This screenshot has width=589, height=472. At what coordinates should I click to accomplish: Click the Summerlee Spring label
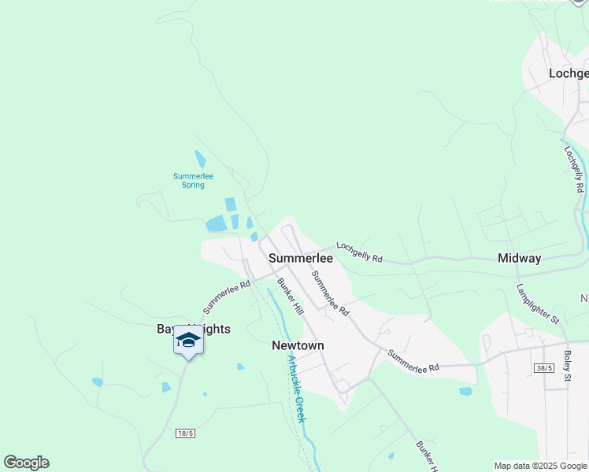[193, 180]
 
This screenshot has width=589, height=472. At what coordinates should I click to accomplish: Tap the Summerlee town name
[300, 258]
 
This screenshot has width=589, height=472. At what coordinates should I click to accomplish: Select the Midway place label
[519, 258]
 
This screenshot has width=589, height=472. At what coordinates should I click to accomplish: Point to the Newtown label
[298, 345]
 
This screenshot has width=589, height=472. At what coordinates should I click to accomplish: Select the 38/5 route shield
[543, 367]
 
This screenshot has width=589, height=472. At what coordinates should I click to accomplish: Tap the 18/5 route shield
[186, 433]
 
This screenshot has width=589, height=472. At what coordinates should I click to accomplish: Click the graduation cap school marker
[188, 340]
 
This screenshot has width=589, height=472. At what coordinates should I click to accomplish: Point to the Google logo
[26, 463]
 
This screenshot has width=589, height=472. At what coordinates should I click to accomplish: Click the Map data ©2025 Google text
[540, 466]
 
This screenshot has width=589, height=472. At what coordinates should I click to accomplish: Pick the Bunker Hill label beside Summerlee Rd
[289, 297]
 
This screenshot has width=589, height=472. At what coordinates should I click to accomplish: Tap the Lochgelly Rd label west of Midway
[359, 253]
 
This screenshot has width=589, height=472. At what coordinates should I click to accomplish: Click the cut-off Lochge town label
[569, 73]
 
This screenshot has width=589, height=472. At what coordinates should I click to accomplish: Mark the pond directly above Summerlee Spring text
[200, 159]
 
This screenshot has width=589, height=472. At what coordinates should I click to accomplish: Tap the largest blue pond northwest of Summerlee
[216, 224]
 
